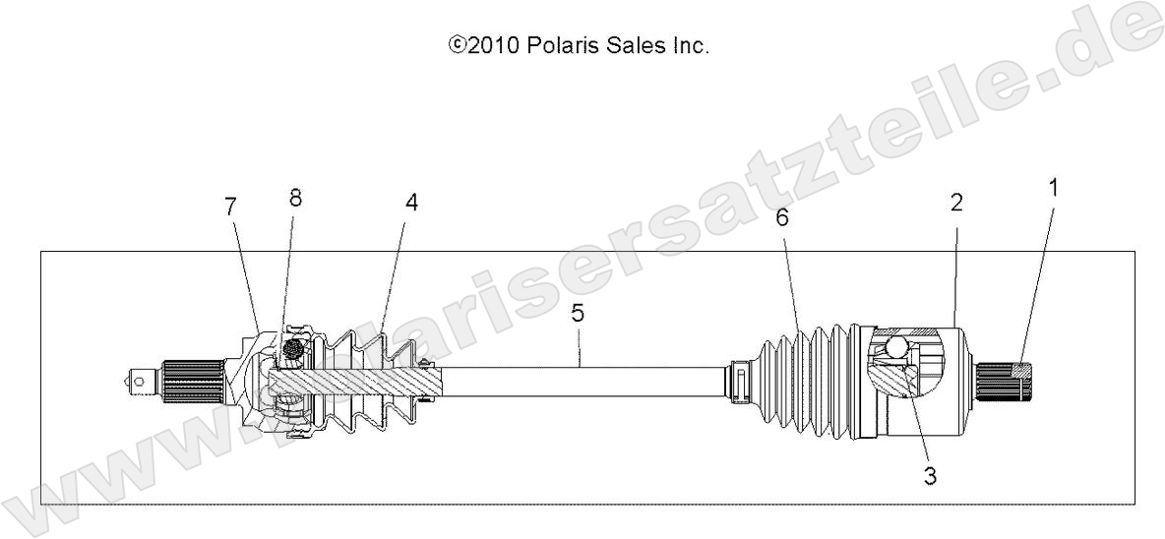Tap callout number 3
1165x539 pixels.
pos(929,476)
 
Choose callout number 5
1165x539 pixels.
pos(578,315)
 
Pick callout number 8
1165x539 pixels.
pos(296,197)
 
